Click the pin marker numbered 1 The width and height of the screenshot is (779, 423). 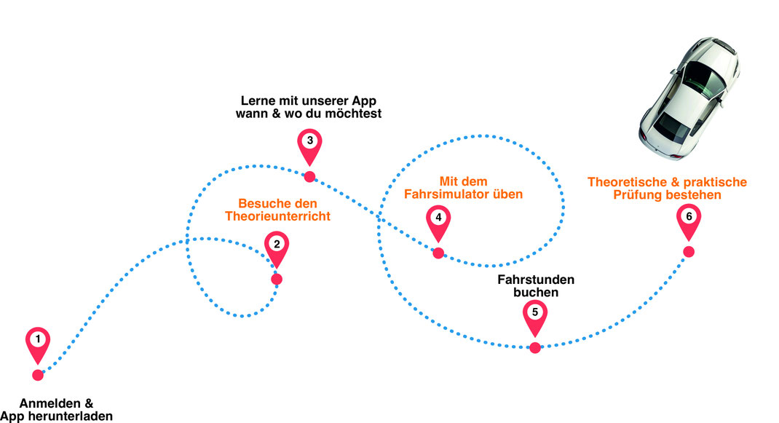[x=38, y=341]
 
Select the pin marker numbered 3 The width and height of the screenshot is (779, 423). [x=309, y=143]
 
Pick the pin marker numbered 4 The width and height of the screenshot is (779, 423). [x=438, y=219]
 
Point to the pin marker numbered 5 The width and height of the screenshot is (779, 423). [x=535, y=314]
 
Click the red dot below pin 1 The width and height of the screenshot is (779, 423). [x=38, y=375]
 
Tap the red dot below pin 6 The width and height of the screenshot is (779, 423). [x=689, y=252]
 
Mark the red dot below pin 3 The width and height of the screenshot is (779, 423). [x=309, y=176]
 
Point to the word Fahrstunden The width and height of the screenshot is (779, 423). [x=536, y=280]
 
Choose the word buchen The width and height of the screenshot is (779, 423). [x=536, y=293]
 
